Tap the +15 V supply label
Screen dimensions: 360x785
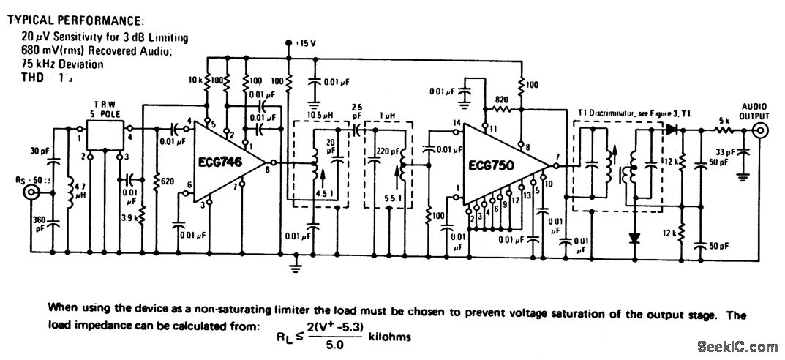pyautogui.click(x=305, y=43)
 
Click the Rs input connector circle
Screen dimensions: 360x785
pyautogui.click(x=32, y=193)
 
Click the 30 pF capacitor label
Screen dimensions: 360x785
pyautogui.click(x=39, y=151)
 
